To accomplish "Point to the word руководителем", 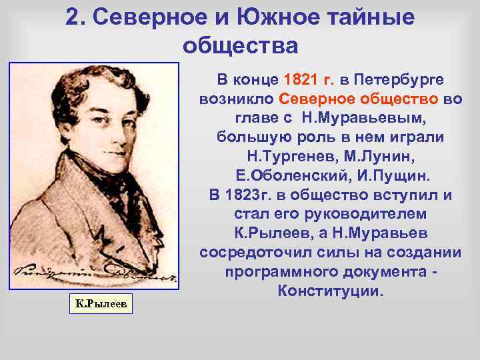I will click(x=361, y=215).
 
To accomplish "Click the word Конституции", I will click(x=331, y=293).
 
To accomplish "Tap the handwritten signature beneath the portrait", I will click(x=93, y=273).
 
